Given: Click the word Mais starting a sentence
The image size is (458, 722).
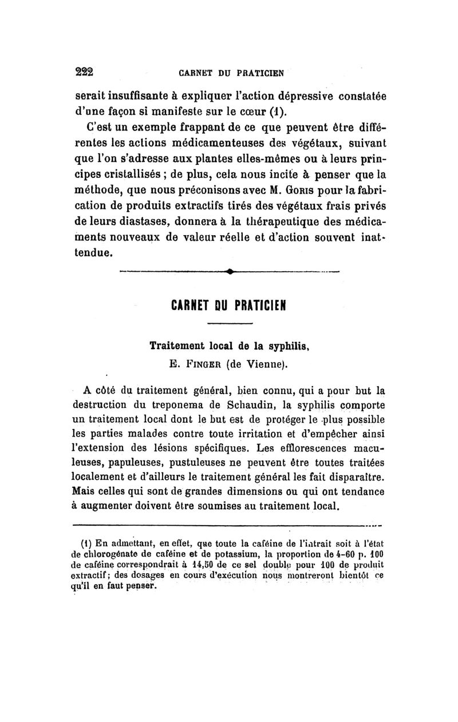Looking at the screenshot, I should [x=84, y=490].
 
